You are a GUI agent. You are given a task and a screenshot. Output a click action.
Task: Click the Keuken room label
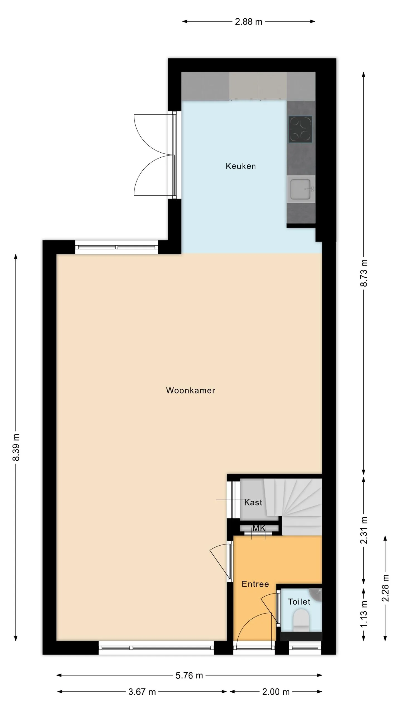(241, 166)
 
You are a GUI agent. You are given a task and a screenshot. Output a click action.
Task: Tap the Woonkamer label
(190, 390)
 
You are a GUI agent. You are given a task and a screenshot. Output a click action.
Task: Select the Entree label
(255, 584)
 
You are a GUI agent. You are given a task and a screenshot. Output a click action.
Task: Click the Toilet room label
(299, 602)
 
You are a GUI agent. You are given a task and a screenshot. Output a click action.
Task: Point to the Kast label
(253, 502)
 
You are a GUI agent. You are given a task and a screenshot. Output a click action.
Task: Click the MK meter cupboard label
(259, 528)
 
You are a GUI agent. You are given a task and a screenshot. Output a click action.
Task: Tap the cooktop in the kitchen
(300, 129)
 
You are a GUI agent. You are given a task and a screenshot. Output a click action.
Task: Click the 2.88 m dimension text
(248, 22)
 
